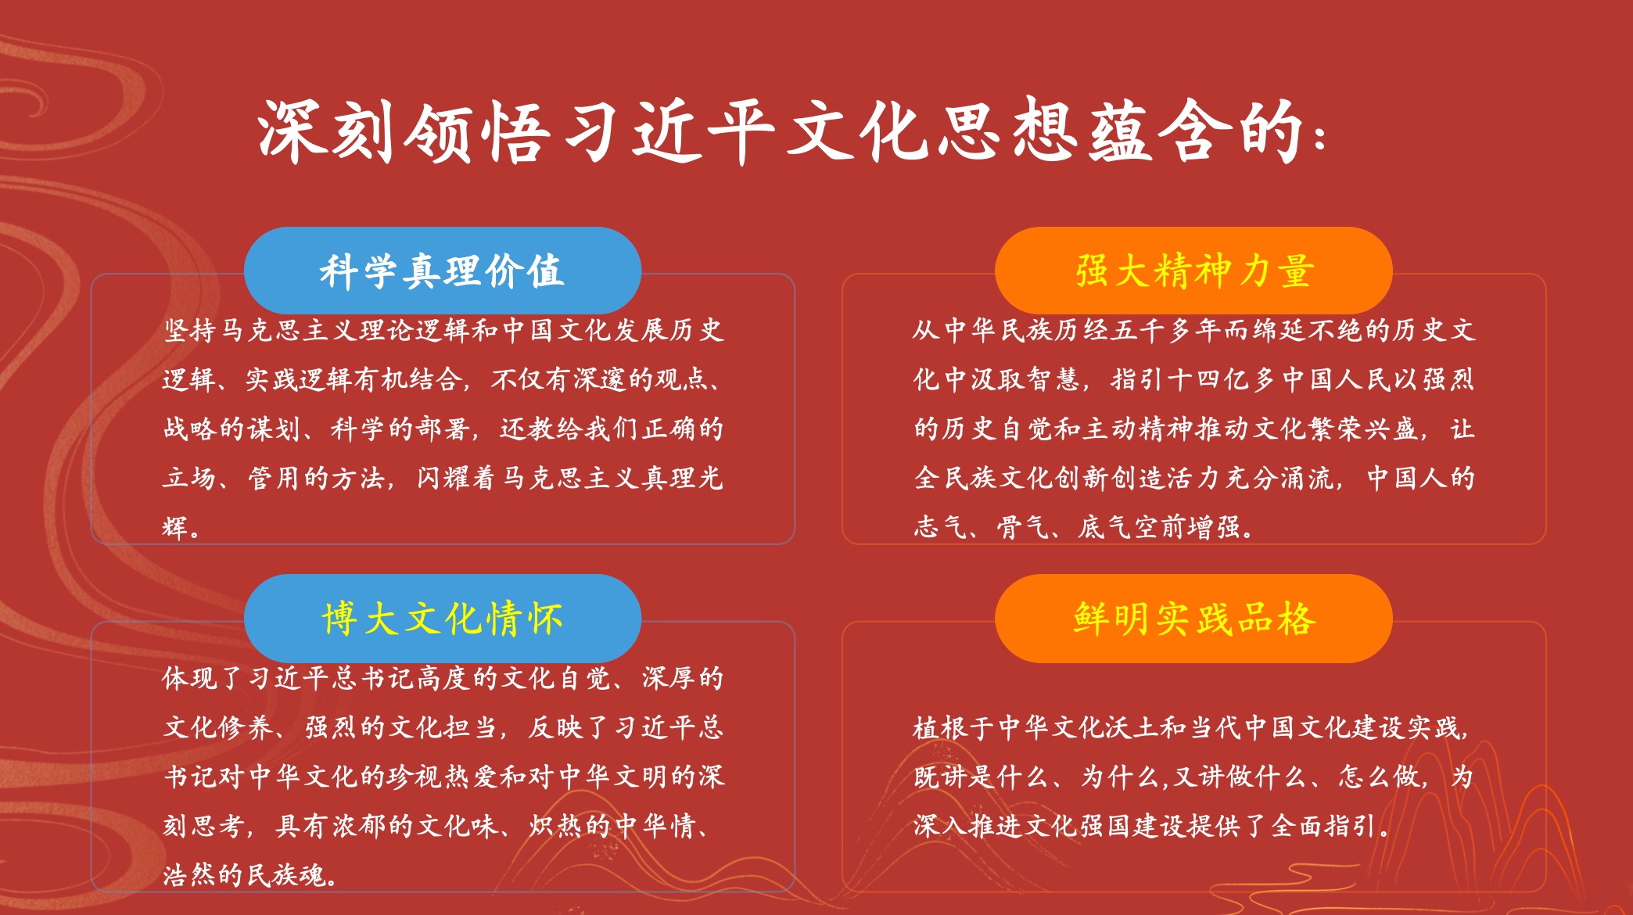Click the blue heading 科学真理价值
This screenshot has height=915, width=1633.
point(442,271)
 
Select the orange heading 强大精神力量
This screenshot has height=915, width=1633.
point(1194,271)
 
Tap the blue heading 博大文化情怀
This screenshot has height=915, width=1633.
point(442,619)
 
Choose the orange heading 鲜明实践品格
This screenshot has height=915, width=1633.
point(1194,619)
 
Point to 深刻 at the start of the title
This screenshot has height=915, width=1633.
point(326,131)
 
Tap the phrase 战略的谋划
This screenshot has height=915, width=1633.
point(231,429)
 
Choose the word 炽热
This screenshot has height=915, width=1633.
point(555,826)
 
